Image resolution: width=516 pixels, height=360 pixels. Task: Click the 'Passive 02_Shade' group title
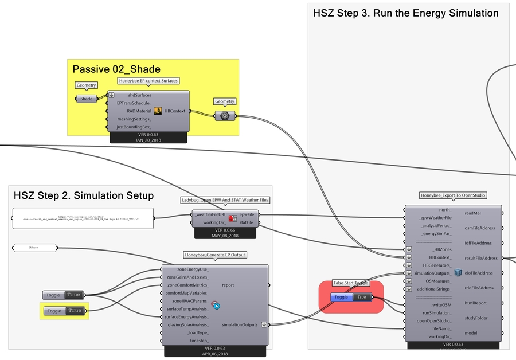coord(109,69)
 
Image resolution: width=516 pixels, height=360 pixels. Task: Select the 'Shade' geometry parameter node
coord(86,99)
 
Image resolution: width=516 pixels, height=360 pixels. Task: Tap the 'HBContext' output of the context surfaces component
coord(174,111)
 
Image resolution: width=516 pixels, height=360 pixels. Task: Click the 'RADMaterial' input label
coord(135,111)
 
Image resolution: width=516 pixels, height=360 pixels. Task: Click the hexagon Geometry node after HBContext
coord(225,115)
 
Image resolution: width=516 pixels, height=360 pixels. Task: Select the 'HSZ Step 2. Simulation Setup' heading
coord(84,196)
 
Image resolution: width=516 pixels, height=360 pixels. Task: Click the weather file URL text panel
coord(83,218)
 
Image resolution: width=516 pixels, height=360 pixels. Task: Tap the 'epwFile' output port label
coord(247,214)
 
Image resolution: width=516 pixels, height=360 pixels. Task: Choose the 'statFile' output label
coord(247,222)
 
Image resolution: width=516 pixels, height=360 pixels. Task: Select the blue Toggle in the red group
coord(350,297)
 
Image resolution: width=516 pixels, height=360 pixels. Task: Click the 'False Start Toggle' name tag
coord(351,283)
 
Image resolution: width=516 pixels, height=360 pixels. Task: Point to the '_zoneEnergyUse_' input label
coord(193,269)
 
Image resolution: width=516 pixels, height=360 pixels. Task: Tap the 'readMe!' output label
coord(473,213)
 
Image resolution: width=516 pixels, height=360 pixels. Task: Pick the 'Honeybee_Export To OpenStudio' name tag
coord(453,195)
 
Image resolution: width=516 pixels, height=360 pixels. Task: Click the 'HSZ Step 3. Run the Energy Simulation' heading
coord(406,13)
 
